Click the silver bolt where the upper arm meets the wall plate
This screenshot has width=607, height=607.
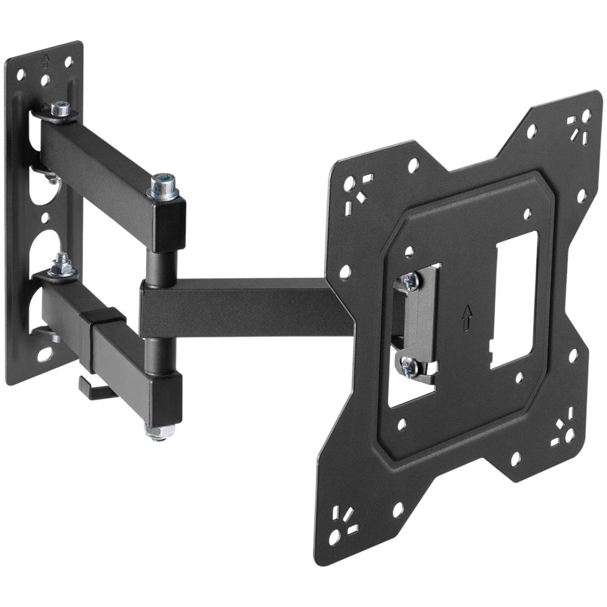pos(60,109)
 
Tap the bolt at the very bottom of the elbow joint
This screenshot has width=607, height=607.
pos(159,432)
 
